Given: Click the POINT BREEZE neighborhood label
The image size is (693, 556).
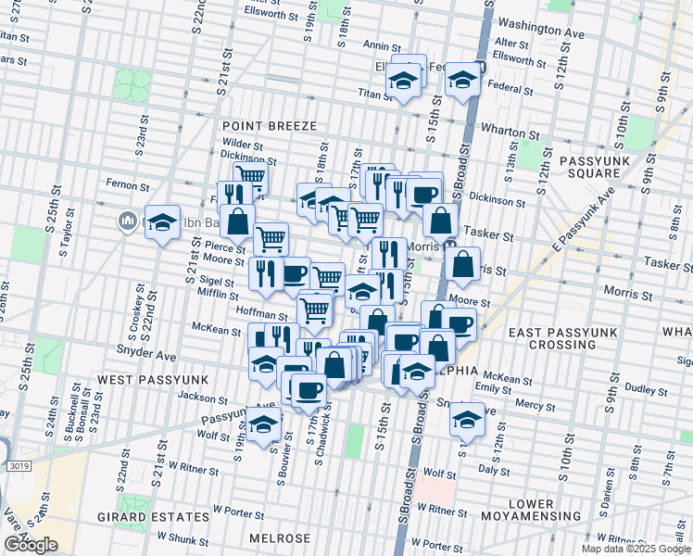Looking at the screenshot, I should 269,125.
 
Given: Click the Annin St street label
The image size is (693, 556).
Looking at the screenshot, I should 380,44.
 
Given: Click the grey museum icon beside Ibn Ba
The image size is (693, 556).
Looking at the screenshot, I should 127,221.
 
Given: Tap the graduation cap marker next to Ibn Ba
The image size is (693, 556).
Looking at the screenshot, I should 161,223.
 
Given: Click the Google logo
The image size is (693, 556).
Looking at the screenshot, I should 31,545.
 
